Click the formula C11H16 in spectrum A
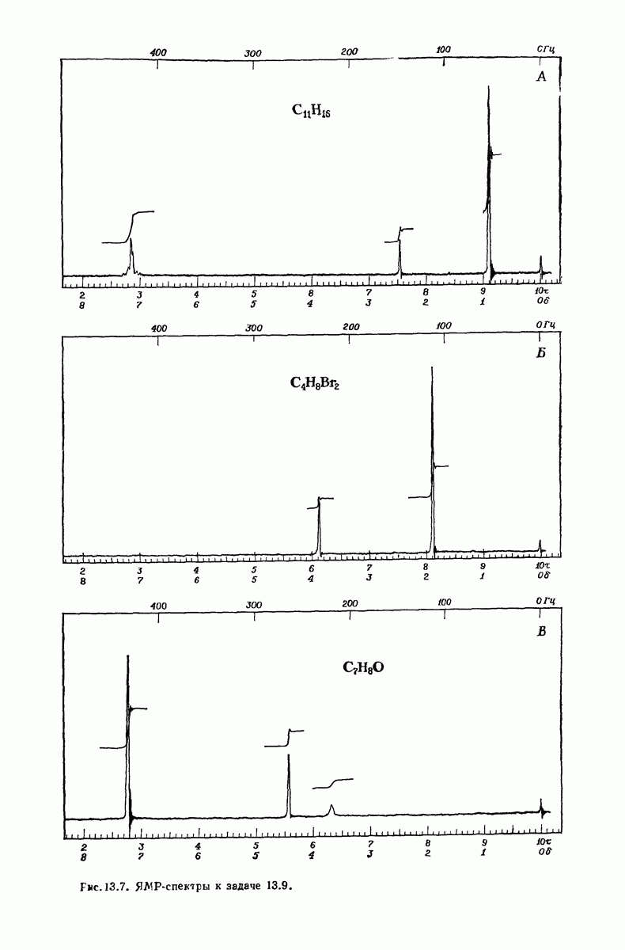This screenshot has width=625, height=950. click(x=311, y=111)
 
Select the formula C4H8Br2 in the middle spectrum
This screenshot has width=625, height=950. click(x=314, y=383)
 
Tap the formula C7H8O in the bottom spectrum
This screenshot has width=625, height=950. click(x=363, y=668)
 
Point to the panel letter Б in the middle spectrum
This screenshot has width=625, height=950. click(x=541, y=353)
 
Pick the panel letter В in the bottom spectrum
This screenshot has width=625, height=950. click(x=541, y=632)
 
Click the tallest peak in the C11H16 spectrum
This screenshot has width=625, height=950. click(x=489, y=178)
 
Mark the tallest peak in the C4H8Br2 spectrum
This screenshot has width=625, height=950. click(x=432, y=458)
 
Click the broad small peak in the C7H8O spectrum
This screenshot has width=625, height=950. click(x=331, y=809)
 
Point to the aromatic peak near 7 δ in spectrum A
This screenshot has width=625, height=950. click(x=131, y=256)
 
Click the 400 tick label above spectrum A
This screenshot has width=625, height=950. click(x=158, y=53)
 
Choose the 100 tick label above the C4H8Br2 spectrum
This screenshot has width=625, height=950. click(x=444, y=325)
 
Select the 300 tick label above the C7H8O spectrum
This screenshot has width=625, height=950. click(x=254, y=605)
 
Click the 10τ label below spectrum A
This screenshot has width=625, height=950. click(x=541, y=291)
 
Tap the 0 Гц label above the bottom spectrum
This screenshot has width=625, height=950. click(x=546, y=601)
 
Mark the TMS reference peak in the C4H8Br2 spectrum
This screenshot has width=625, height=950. click(x=540, y=546)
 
